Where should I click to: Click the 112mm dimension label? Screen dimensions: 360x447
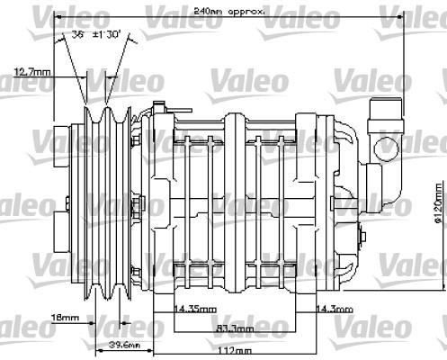pyautogui.click(x=236, y=350)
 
